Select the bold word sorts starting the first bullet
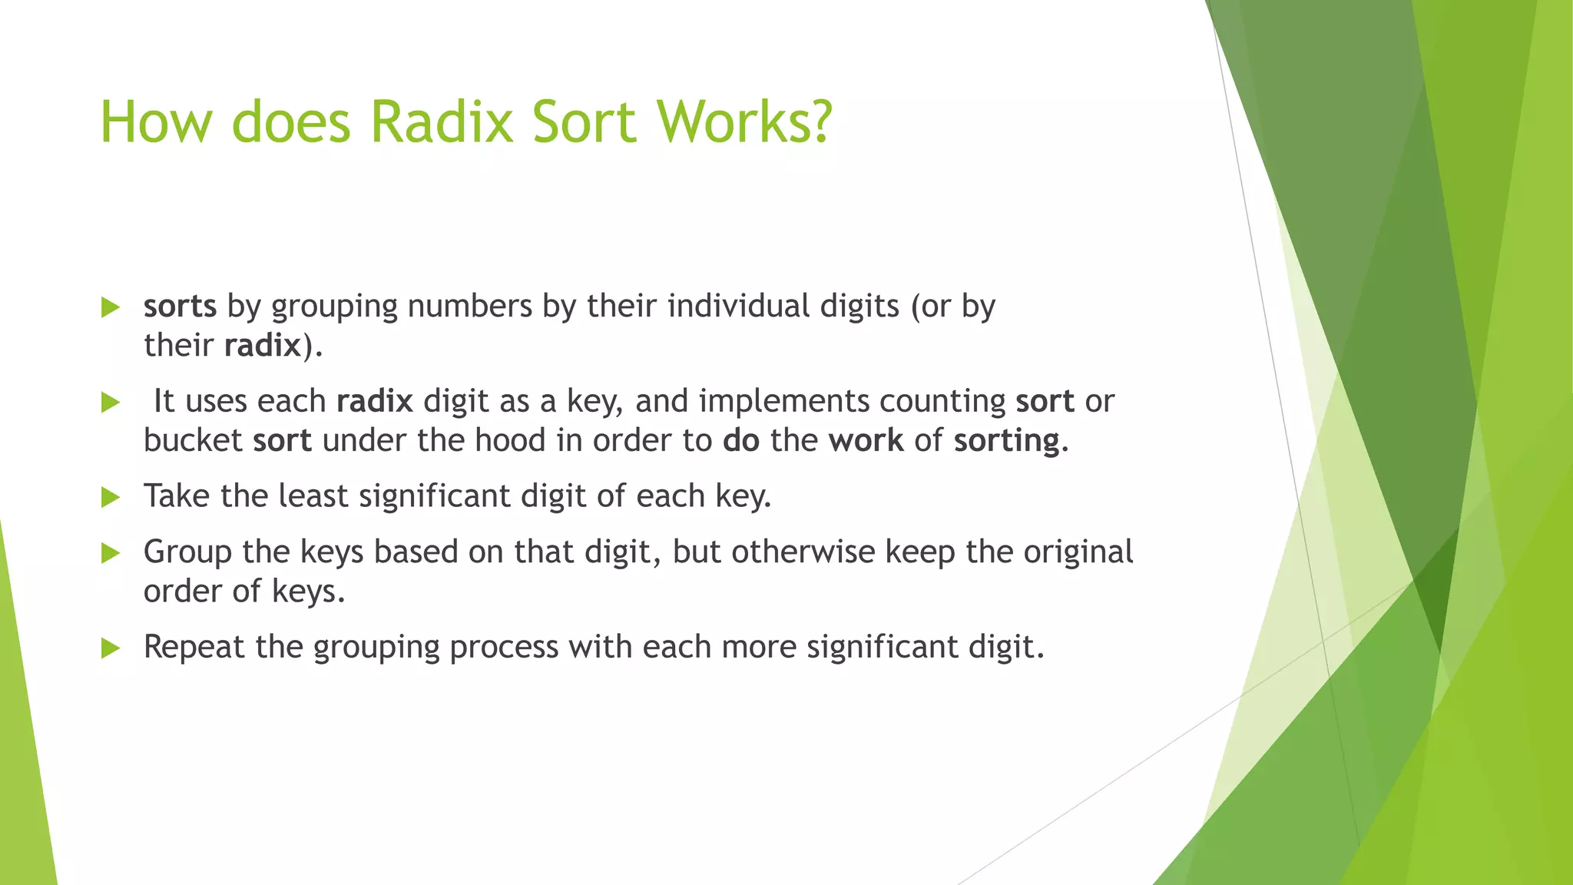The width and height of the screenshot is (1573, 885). tap(180, 307)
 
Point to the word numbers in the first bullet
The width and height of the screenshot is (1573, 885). tap(469, 307)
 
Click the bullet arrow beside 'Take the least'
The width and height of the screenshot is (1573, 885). tap(111, 497)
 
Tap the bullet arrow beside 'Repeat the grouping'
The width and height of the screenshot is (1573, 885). tap(111, 648)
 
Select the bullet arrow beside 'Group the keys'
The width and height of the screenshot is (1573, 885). tap(111, 553)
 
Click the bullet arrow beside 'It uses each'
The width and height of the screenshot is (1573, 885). tap(111, 402)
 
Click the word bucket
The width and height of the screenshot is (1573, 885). tap(193, 441)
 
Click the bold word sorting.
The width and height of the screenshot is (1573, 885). tap(1010, 441)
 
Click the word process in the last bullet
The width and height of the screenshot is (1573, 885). tap(504, 648)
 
